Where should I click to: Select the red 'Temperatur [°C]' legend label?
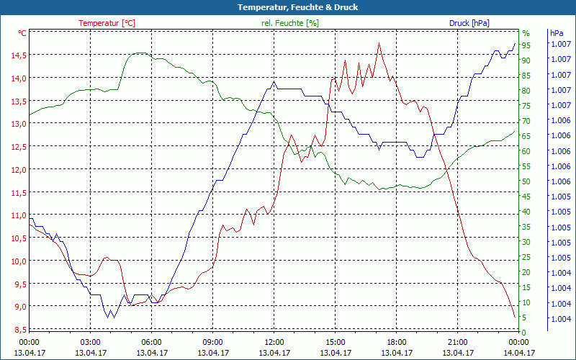pyautogui.click(x=107, y=23)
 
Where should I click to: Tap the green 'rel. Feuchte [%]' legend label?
pyautogui.click(x=290, y=23)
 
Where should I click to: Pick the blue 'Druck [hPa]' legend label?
pyautogui.click(x=469, y=23)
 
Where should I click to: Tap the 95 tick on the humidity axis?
pyautogui.click(x=526, y=45)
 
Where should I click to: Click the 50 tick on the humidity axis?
pyautogui.click(x=526, y=181)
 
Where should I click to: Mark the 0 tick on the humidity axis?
pyautogui.click(x=524, y=333)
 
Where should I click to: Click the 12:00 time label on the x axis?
pyautogui.click(x=274, y=341)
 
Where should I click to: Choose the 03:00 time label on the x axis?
pyautogui.click(x=91, y=341)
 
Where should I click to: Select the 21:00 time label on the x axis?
pyautogui.click(x=458, y=341)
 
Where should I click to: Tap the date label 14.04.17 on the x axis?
pyautogui.click(x=519, y=353)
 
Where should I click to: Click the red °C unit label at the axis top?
pyautogui.click(x=22, y=33)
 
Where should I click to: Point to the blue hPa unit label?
pyautogui.click(x=557, y=33)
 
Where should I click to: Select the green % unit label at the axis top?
pyautogui.click(x=526, y=33)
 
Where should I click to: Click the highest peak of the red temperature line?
pyautogui.click(x=379, y=43)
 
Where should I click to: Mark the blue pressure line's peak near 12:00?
pyautogui.click(x=274, y=81)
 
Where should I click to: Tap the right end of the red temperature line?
pyautogui.click(x=515, y=317)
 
